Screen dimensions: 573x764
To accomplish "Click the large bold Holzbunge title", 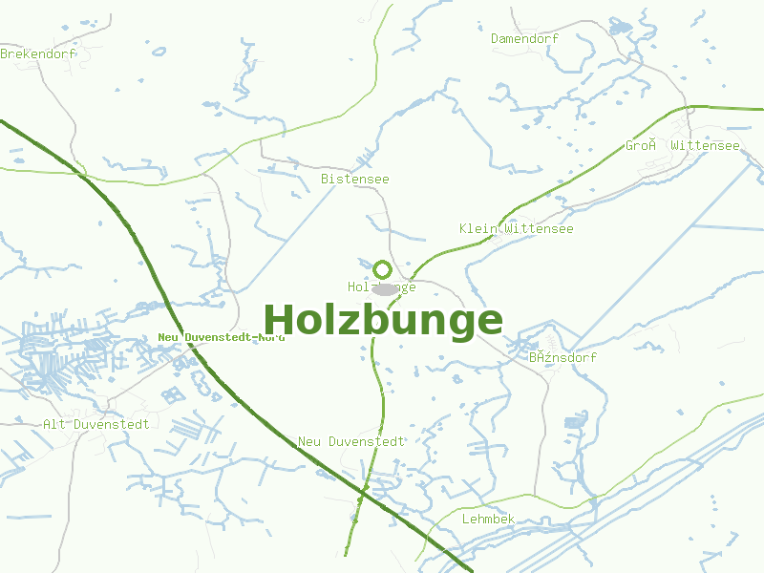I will click(x=382, y=321).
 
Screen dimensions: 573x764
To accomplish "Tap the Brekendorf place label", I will click(x=37, y=54).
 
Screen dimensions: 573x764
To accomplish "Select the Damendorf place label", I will click(x=524, y=38).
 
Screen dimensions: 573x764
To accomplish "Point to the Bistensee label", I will click(x=354, y=179).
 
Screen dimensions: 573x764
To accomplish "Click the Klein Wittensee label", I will click(x=516, y=229).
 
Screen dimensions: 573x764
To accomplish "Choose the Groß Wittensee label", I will click(x=682, y=146).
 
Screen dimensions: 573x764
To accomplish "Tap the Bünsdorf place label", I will click(x=562, y=357).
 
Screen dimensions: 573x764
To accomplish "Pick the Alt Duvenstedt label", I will click(x=95, y=424).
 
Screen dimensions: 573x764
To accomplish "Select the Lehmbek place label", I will click(x=488, y=519).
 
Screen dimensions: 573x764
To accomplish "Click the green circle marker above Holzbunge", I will click(x=382, y=269).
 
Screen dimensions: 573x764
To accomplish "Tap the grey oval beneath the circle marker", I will click(x=384, y=288).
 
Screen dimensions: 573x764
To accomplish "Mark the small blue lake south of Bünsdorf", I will click(x=576, y=421).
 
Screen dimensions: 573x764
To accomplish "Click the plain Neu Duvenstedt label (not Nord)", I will click(x=351, y=441).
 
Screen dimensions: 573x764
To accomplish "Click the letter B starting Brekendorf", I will click(x=5, y=54).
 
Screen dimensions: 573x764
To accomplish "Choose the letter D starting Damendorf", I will click(x=496, y=38).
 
